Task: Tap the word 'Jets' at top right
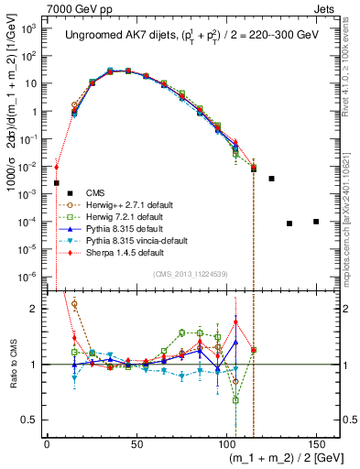point(331,8)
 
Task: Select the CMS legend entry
point(95,192)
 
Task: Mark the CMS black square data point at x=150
point(316,222)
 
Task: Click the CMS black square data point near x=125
point(271,179)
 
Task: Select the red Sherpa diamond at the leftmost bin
point(57,167)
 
